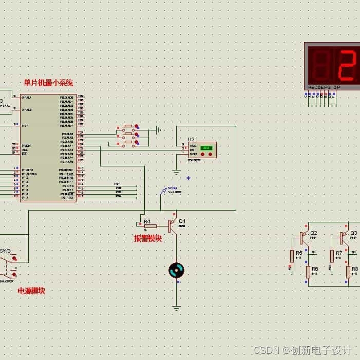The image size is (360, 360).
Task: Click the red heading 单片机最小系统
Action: [48, 83]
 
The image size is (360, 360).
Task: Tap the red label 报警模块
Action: [148, 238]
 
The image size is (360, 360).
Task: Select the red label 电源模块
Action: [31, 291]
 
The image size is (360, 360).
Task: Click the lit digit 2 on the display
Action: [348, 66]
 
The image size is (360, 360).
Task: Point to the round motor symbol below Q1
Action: [176, 270]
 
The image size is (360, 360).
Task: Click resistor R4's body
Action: [150, 226]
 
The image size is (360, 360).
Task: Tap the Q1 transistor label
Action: [182, 221]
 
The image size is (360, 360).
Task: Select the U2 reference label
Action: [191, 139]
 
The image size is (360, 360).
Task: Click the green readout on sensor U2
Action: [206, 148]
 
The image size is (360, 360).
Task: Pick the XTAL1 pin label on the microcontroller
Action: [26, 97]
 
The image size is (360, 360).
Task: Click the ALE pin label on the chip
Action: [24, 150]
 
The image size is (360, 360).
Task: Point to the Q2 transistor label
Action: [313, 233]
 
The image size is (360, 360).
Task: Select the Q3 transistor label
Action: [353, 233]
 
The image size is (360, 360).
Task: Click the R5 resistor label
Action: [299, 253]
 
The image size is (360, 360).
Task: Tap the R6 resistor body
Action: [308, 272]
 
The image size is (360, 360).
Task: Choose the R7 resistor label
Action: [339, 253]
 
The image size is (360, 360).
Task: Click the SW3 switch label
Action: [5, 251]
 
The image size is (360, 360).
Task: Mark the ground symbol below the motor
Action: [176, 308]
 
